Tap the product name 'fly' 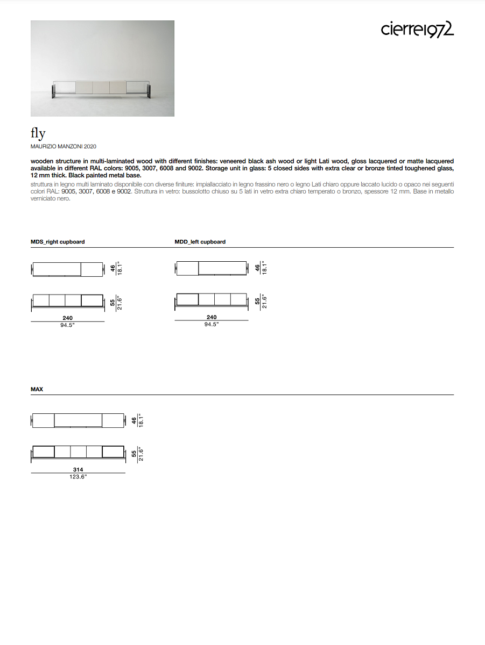pos(38,134)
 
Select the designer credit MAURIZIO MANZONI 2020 pos(64,146)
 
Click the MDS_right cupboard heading pos(58,242)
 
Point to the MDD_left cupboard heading pos(200,242)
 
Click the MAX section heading pos(37,389)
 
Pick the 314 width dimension pos(78,470)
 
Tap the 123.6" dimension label pos(78,477)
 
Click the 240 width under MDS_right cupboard pos(67,318)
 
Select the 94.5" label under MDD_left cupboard pos(212,325)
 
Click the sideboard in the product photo pos(102,89)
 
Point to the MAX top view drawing pos(78,420)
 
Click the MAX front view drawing pos(78,453)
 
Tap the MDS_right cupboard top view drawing pos(67,269)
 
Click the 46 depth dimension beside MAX pos(133,420)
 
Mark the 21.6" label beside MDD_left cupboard pos(264,302)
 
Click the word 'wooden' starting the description pos(43,161)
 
